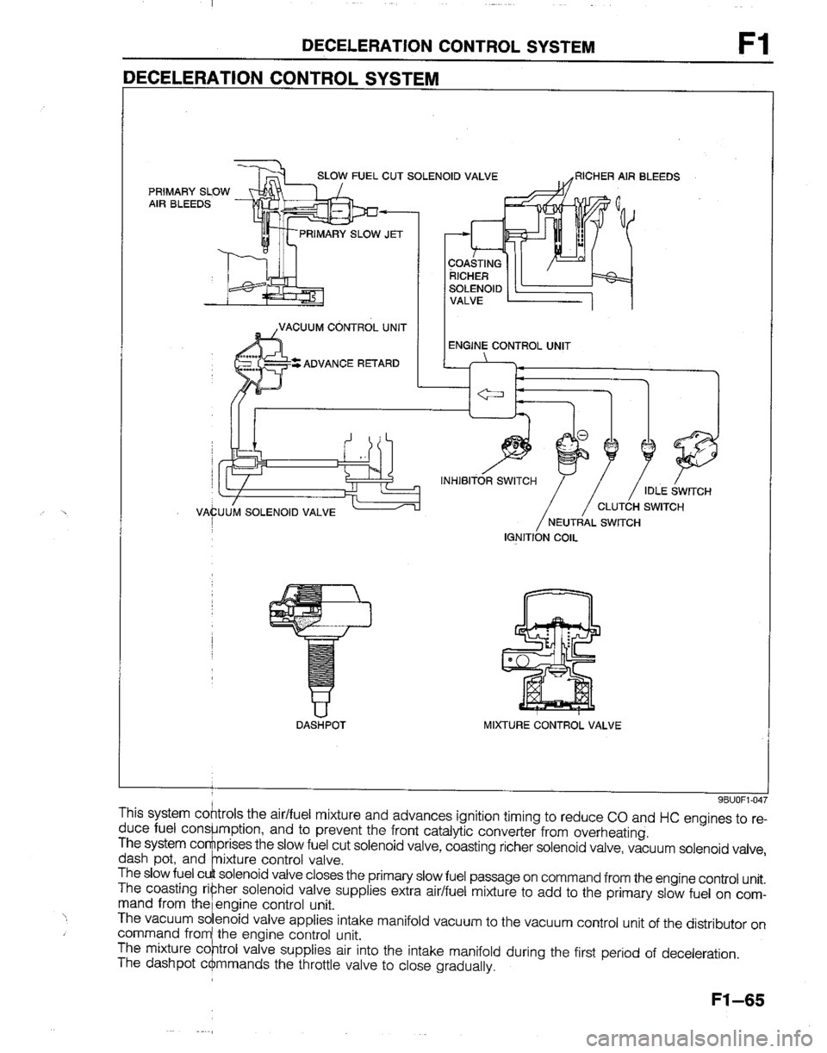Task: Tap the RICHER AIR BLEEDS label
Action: (x=627, y=177)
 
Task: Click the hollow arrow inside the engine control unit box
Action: (x=491, y=394)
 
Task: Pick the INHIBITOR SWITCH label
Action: (x=488, y=481)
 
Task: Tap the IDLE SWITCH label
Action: (x=677, y=492)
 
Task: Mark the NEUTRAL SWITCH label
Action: (x=594, y=522)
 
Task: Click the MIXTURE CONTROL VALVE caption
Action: (x=552, y=726)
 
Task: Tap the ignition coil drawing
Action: (x=569, y=452)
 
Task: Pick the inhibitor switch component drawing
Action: (x=515, y=445)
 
